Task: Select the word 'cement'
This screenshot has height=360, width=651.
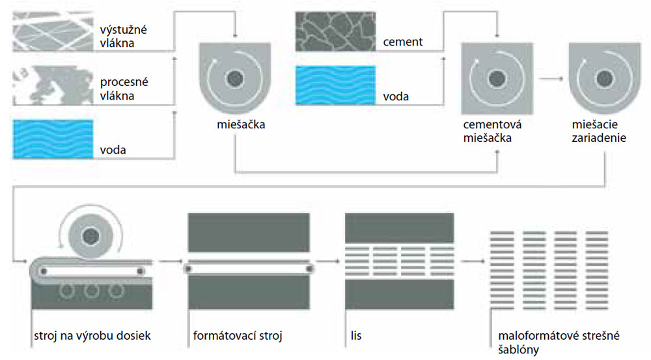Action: (402, 42)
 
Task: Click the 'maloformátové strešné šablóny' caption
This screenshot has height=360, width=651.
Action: (557, 344)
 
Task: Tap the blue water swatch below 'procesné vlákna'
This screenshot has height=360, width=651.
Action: (53, 139)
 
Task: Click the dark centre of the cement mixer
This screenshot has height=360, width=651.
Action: (497, 79)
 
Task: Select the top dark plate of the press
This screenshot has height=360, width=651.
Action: (399, 227)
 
